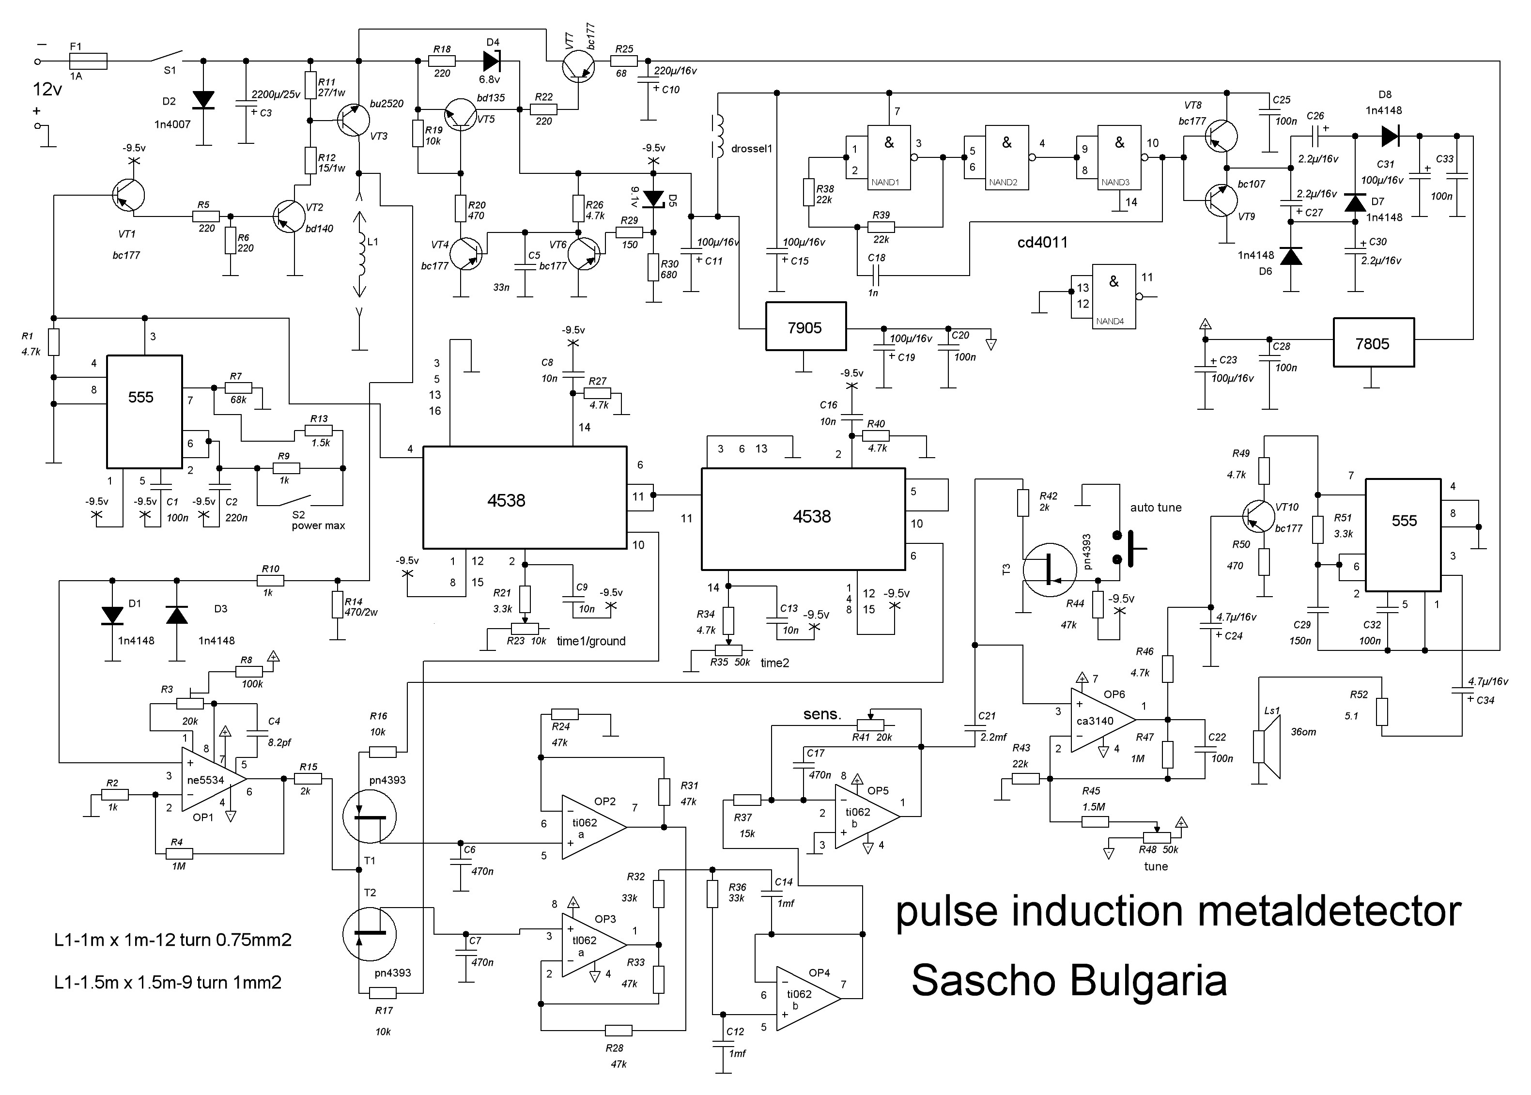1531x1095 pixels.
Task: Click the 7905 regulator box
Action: point(805,326)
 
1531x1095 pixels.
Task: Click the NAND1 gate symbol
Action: point(889,157)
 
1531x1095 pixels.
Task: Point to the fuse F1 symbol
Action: point(88,61)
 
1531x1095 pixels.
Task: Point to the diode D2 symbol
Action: point(203,100)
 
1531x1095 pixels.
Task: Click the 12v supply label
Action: point(47,89)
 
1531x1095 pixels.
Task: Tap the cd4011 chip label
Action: point(1042,242)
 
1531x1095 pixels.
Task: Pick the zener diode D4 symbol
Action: point(492,61)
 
